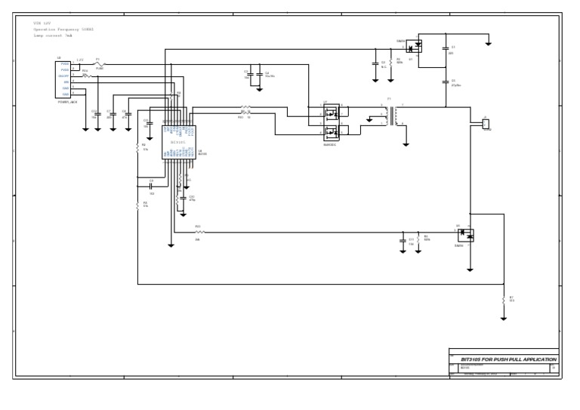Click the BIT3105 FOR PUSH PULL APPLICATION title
pyautogui.click(x=502, y=359)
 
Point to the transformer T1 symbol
pyautogui.click(x=389, y=115)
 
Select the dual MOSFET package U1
pyautogui.click(x=330, y=123)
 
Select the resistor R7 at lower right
pyautogui.click(x=503, y=300)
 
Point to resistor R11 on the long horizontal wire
pyautogui.click(x=199, y=232)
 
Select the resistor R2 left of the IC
pyautogui.click(x=137, y=148)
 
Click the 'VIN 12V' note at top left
pyautogui.click(x=41, y=24)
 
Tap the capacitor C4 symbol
pyautogui.click(x=260, y=72)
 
